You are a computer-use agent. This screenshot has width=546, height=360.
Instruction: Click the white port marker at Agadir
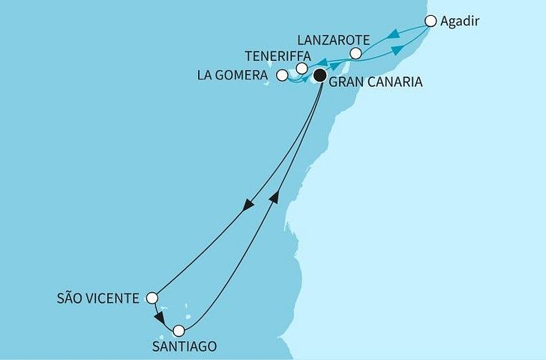(430, 21)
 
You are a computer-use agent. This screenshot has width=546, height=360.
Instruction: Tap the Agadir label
(459, 22)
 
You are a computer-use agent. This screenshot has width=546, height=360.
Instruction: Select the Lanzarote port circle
(356, 53)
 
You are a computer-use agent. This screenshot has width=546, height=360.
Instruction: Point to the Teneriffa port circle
(301, 69)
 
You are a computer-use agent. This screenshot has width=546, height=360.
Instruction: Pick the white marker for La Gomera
(282, 75)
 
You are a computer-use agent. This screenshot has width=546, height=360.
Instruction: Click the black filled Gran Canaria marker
(320, 74)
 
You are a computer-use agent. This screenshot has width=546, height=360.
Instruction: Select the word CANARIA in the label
(391, 82)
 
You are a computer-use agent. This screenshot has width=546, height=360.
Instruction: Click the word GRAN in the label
(346, 82)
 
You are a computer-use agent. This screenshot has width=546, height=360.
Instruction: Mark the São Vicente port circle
(152, 298)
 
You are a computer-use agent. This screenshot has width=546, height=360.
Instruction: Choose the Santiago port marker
(178, 330)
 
